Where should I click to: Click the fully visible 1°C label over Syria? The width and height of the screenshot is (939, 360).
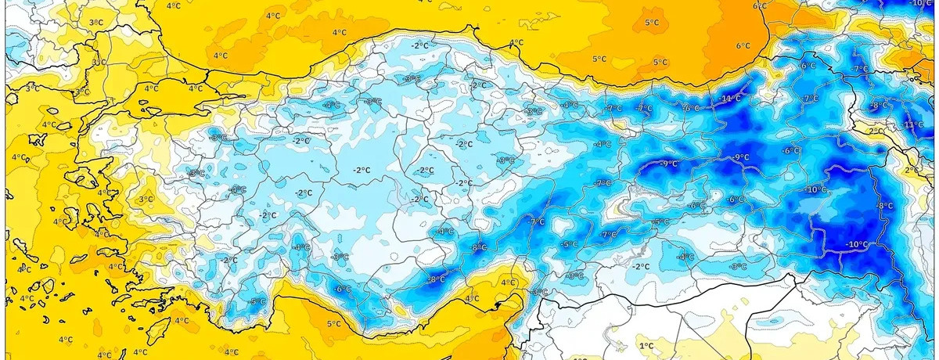(646, 345)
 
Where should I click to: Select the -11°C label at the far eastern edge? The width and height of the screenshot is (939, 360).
(913, 125)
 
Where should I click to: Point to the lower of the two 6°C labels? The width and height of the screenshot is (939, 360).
(742, 45)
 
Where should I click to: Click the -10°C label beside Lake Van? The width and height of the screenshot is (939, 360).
(816, 189)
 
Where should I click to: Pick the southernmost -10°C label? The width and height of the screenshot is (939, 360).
(856, 245)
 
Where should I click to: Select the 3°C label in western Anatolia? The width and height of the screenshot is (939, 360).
(146, 200)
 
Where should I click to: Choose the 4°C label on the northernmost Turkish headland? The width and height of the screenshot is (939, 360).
(516, 42)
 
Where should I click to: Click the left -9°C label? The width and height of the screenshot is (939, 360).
(669, 164)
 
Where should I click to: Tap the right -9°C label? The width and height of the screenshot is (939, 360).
(740, 157)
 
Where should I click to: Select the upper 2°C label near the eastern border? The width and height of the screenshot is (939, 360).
(876, 131)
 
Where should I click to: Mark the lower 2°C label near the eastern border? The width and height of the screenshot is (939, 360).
(911, 170)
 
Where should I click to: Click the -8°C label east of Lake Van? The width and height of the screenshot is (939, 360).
(885, 205)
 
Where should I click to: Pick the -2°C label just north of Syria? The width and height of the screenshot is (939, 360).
(641, 267)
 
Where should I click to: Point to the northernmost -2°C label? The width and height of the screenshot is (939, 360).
(420, 46)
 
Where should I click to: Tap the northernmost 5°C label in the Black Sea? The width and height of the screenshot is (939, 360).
(651, 23)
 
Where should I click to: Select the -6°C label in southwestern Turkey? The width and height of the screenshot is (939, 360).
(342, 289)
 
